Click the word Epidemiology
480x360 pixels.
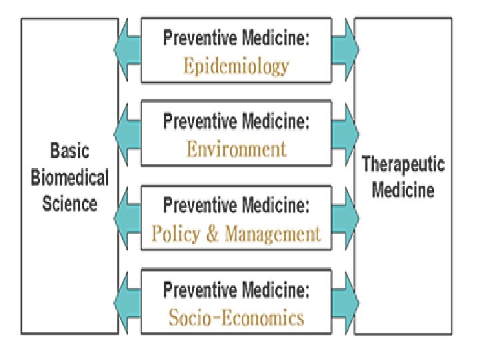(x=237, y=66)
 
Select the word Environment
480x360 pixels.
(x=237, y=148)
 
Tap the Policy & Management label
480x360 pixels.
(x=237, y=233)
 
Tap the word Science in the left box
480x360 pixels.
(x=70, y=203)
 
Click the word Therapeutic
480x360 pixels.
(x=403, y=164)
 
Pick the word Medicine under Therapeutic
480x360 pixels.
(x=403, y=191)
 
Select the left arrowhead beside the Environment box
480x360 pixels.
(x=123, y=133)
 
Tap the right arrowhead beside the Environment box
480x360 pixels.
(x=351, y=133)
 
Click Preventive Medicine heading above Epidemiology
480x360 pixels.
(x=237, y=39)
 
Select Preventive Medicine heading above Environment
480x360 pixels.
(x=237, y=122)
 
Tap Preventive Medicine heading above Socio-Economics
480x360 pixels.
(x=237, y=291)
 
